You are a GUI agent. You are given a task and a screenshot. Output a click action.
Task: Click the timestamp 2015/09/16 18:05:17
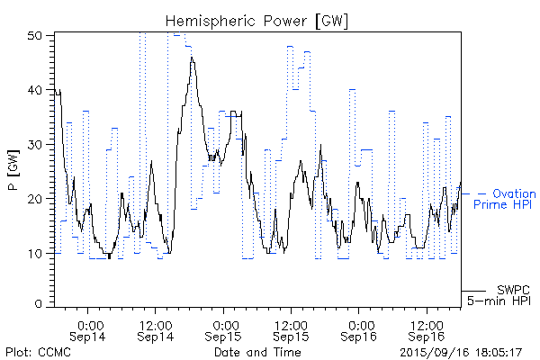462,351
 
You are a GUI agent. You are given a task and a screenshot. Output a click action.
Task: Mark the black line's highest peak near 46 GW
191,57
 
